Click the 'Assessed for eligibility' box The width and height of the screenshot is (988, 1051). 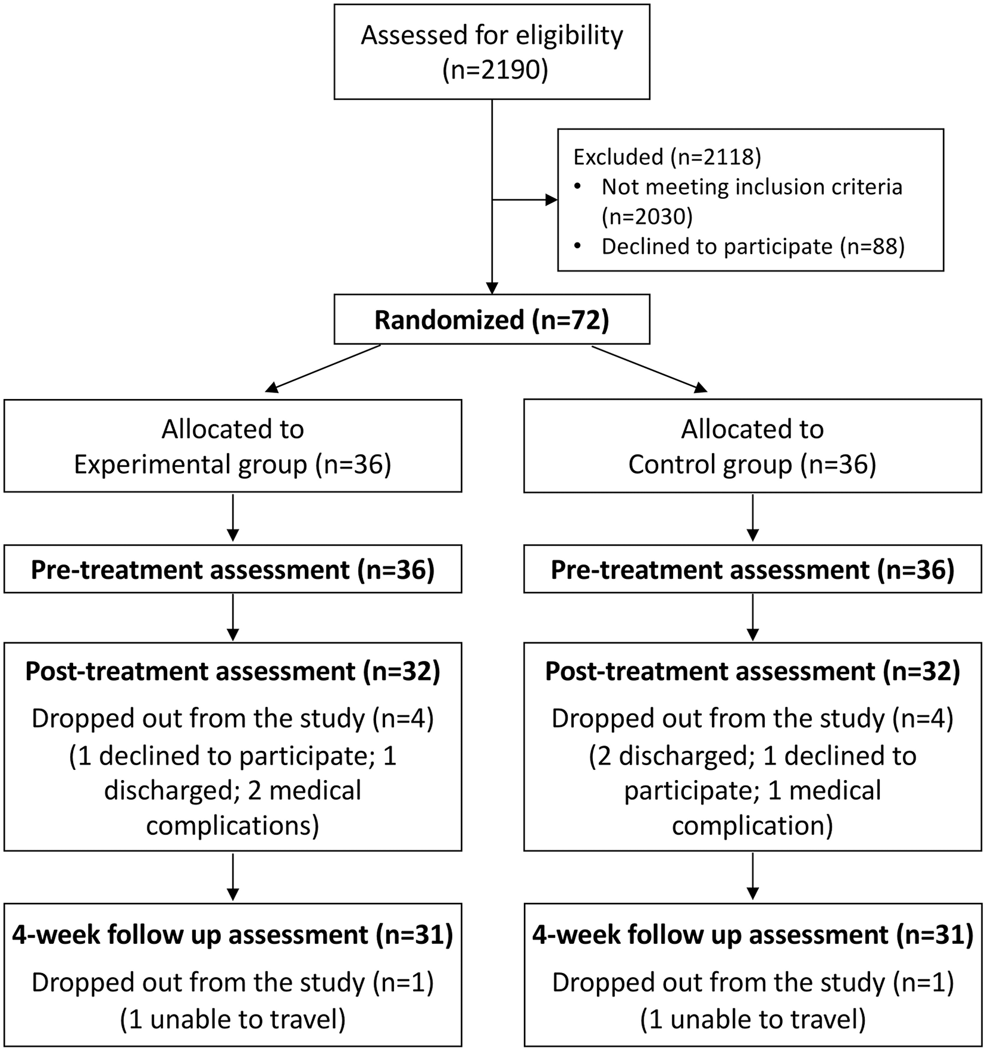tap(492, 52)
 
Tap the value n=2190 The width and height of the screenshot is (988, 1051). tap(495, 70)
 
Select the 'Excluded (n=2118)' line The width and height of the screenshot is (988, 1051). tap(667, 157)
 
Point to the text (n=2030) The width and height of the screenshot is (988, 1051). tap(647, 216)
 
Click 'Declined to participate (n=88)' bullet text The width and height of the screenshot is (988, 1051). tap(753, 246)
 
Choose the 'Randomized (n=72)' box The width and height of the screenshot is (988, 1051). tap(492, 319)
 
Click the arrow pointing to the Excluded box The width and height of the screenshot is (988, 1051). tap(525, 200)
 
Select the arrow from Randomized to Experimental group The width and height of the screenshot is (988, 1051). tap(323, 369)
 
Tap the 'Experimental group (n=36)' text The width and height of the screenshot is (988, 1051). tap(232, 464)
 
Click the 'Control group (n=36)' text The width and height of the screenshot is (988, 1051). tap(752, 464)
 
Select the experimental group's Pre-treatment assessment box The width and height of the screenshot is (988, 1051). tap(233, 569)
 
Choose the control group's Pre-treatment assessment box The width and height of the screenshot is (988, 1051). tap(753, 569)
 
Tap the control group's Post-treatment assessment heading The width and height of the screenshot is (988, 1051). tap(752, 672)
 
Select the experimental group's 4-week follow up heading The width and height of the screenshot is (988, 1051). tap(232, 935)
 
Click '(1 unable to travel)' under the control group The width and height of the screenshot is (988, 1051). tap(753, 1019)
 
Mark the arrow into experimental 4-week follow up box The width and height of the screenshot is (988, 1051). tap(233, 877)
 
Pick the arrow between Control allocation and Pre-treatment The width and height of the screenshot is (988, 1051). tap(753, 518)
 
